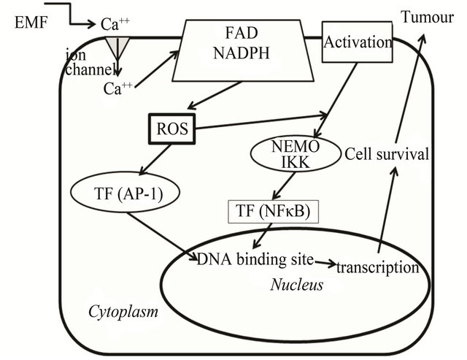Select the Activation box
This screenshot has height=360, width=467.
click(358, 42)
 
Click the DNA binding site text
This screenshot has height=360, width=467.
click(255, 259)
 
